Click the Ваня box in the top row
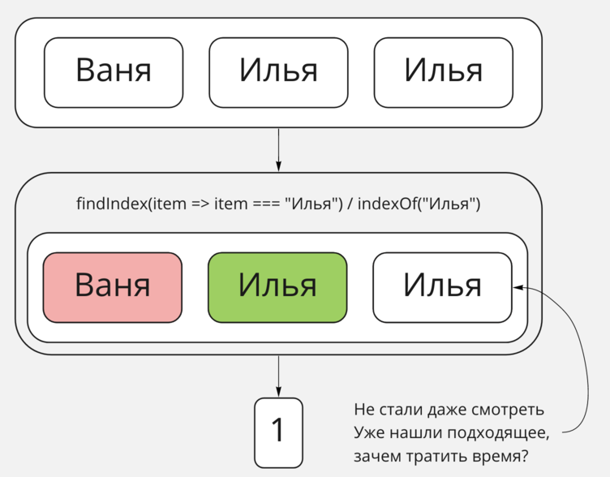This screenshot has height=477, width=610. click(114, 72)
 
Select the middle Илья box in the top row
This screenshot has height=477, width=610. click(278, 72)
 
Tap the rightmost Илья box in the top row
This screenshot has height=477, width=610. click(443, 72)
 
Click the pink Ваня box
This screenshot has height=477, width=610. click(113, 287)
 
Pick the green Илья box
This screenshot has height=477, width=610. click(277, 287)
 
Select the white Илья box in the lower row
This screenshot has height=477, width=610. click(442, 287)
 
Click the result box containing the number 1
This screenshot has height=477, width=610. click(278, 431)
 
